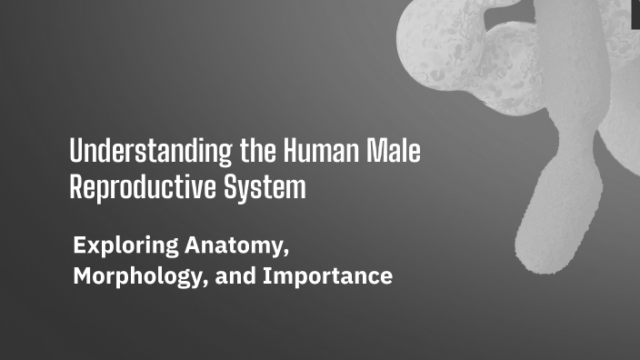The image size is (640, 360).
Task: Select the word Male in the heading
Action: coord(394,152)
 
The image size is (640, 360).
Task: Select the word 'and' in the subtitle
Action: coord(236,276)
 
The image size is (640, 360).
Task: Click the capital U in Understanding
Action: coord(76,152)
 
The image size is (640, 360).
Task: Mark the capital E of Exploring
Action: coord(79,245)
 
